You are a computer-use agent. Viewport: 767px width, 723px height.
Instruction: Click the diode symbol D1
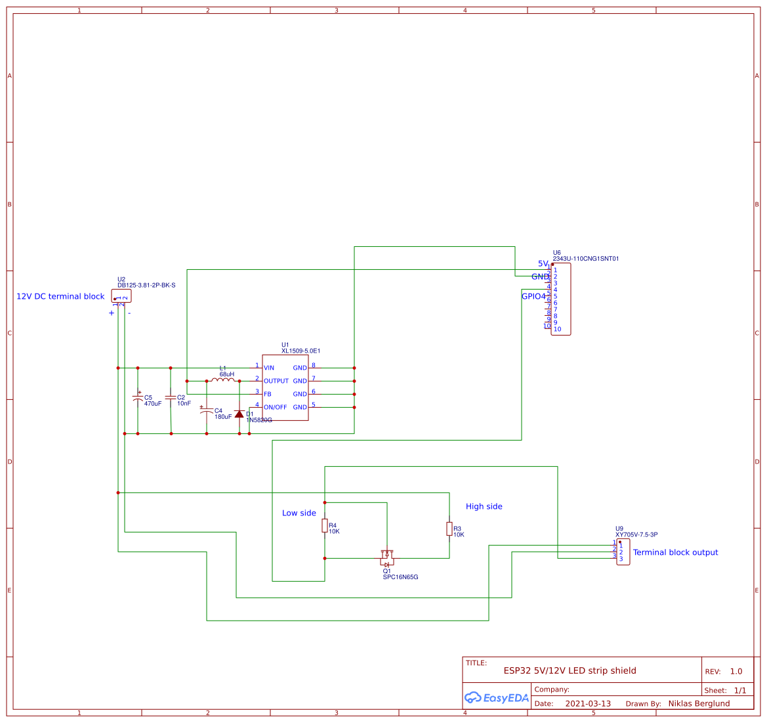(x=239, y=414)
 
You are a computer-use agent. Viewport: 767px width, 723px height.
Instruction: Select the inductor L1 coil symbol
(x=223, y=380)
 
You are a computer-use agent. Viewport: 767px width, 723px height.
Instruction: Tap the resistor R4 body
(x=325, y=525)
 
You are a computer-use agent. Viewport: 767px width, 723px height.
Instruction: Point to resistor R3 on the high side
(x=449, y=529)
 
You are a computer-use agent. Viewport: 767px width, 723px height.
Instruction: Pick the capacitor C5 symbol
(x=138, y=398)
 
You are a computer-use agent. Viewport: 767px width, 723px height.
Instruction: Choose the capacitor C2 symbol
(x=171, y=398)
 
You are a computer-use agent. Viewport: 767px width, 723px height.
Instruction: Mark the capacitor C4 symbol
(x=207, y=411)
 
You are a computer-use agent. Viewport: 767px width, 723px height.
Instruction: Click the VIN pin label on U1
(x=269, y=368)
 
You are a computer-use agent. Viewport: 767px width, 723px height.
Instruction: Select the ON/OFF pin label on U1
(x=275, y=407)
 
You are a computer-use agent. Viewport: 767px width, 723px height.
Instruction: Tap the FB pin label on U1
(x=268, y=394)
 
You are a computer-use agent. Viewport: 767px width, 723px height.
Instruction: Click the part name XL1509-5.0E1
(x=301, y=351)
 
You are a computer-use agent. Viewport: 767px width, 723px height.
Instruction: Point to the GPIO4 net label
(x=533, y=296)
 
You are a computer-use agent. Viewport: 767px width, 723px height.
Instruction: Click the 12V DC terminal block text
(x=60, y=296)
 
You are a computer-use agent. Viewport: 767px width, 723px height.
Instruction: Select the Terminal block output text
(x=675, y=552)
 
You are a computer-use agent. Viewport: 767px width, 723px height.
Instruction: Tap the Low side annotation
(x=299, y=513)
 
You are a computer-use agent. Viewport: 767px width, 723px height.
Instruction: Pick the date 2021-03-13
(x=588, y=703)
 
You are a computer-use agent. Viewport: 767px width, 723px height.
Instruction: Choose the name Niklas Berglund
(x=699, y=703)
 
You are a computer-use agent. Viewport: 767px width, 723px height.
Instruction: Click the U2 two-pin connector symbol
(x=121, y=296)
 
